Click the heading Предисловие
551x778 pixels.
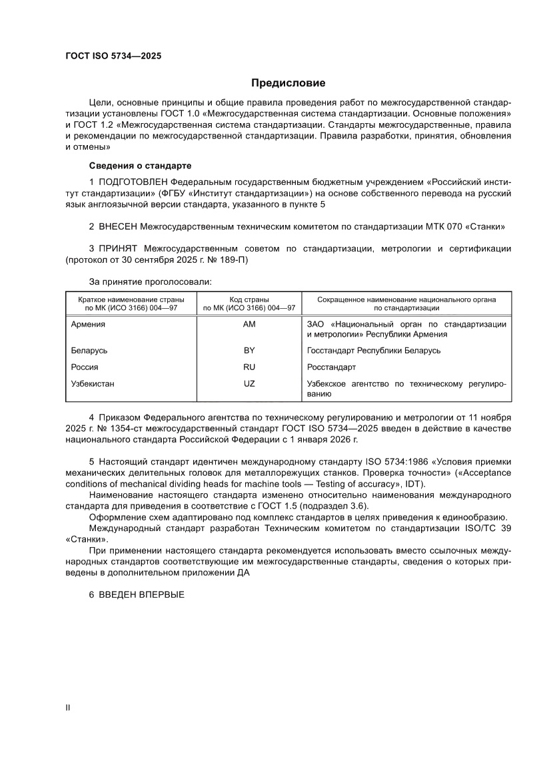[x=288, y=83]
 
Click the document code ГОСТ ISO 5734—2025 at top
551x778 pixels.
[x=113, y=56]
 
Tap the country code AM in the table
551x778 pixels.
[x=250, y=324]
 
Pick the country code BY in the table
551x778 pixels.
[x=250, y=350]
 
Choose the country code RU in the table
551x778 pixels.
[x=250, y=367]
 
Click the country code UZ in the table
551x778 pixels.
[x=250, y=383]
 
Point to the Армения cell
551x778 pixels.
[x=89, y=324]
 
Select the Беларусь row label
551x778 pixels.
[x=89, y=350]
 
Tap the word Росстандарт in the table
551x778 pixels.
[x=331, y=367]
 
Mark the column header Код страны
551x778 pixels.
[x=250, y=299]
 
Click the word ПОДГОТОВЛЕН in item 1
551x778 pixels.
[x=133, y=182]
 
